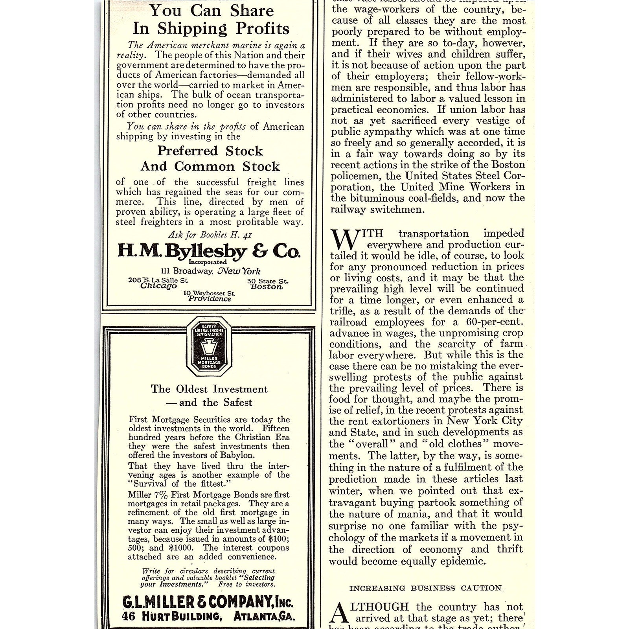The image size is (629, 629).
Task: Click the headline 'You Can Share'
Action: click(211, 11)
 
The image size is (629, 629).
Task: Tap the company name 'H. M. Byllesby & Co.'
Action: click(209, 250)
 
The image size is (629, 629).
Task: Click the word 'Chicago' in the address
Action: click(158, 286)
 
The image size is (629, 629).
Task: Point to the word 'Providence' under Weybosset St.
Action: click(210, 299)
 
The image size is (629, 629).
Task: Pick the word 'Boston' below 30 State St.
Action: click(267, 287)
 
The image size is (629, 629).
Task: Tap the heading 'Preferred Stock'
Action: click(210, 151)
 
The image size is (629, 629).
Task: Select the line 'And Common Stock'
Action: click(210, 166)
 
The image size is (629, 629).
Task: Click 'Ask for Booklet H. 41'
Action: click(210, 235)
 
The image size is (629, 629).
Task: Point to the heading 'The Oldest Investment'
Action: click(209, 389)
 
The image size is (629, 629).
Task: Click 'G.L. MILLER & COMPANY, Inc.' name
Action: click(208, 602)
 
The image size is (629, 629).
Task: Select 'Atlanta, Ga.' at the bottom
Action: click(264, 616)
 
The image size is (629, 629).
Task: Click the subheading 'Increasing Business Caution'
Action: click(425, 588)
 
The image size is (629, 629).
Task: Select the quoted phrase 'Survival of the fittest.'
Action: click(179, 484)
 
